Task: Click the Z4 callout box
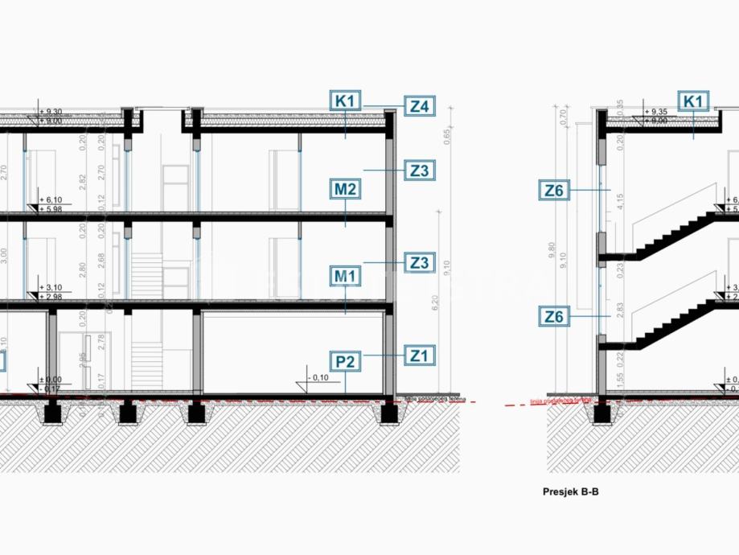pyautogui.click(x=419, y=106)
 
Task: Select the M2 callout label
pyautogui.click(x=345, y=190)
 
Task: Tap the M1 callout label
pyautogui.click(x=345, y=277)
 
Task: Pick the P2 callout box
pyautogui.click(x=345, y=362)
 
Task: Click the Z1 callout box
pyautogui.click(x=419, y=354)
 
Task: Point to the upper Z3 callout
pyautogui.click(x=419, y=171)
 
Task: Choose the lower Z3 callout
pyautogui.click(x=419, y=262)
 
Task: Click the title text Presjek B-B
pyautogui.click(x=570, y=489)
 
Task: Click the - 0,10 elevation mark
pyautogui.click(x=318, y=377)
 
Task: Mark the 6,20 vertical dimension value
pyautogui.click(x=435, y=303)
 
